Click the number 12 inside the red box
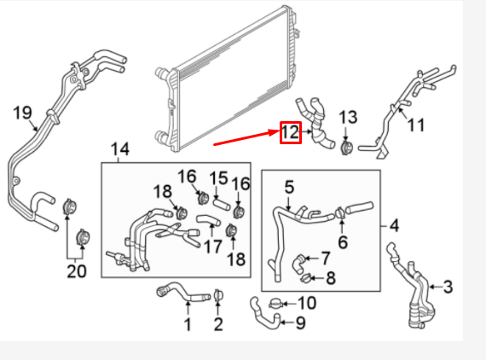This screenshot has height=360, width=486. tap(290, 132)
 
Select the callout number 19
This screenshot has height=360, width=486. tap(23, 112)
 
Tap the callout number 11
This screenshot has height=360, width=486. tap(415, 125)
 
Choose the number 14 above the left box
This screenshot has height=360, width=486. tap(120, 150)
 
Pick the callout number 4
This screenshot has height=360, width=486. tap(394, 226)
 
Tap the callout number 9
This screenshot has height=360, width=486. tap(299, 323)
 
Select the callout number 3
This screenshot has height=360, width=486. tap(447, 286)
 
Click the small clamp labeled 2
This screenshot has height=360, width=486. tap(218, 295)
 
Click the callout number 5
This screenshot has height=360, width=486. tap(289, 186)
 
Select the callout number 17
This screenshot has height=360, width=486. tap(212, 247)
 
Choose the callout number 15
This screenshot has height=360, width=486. tap(218, 179)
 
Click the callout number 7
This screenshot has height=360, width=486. tap(325, 257)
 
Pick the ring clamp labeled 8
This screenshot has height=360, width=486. tap(306, 276)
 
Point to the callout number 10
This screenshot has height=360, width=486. tap(306, 303)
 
